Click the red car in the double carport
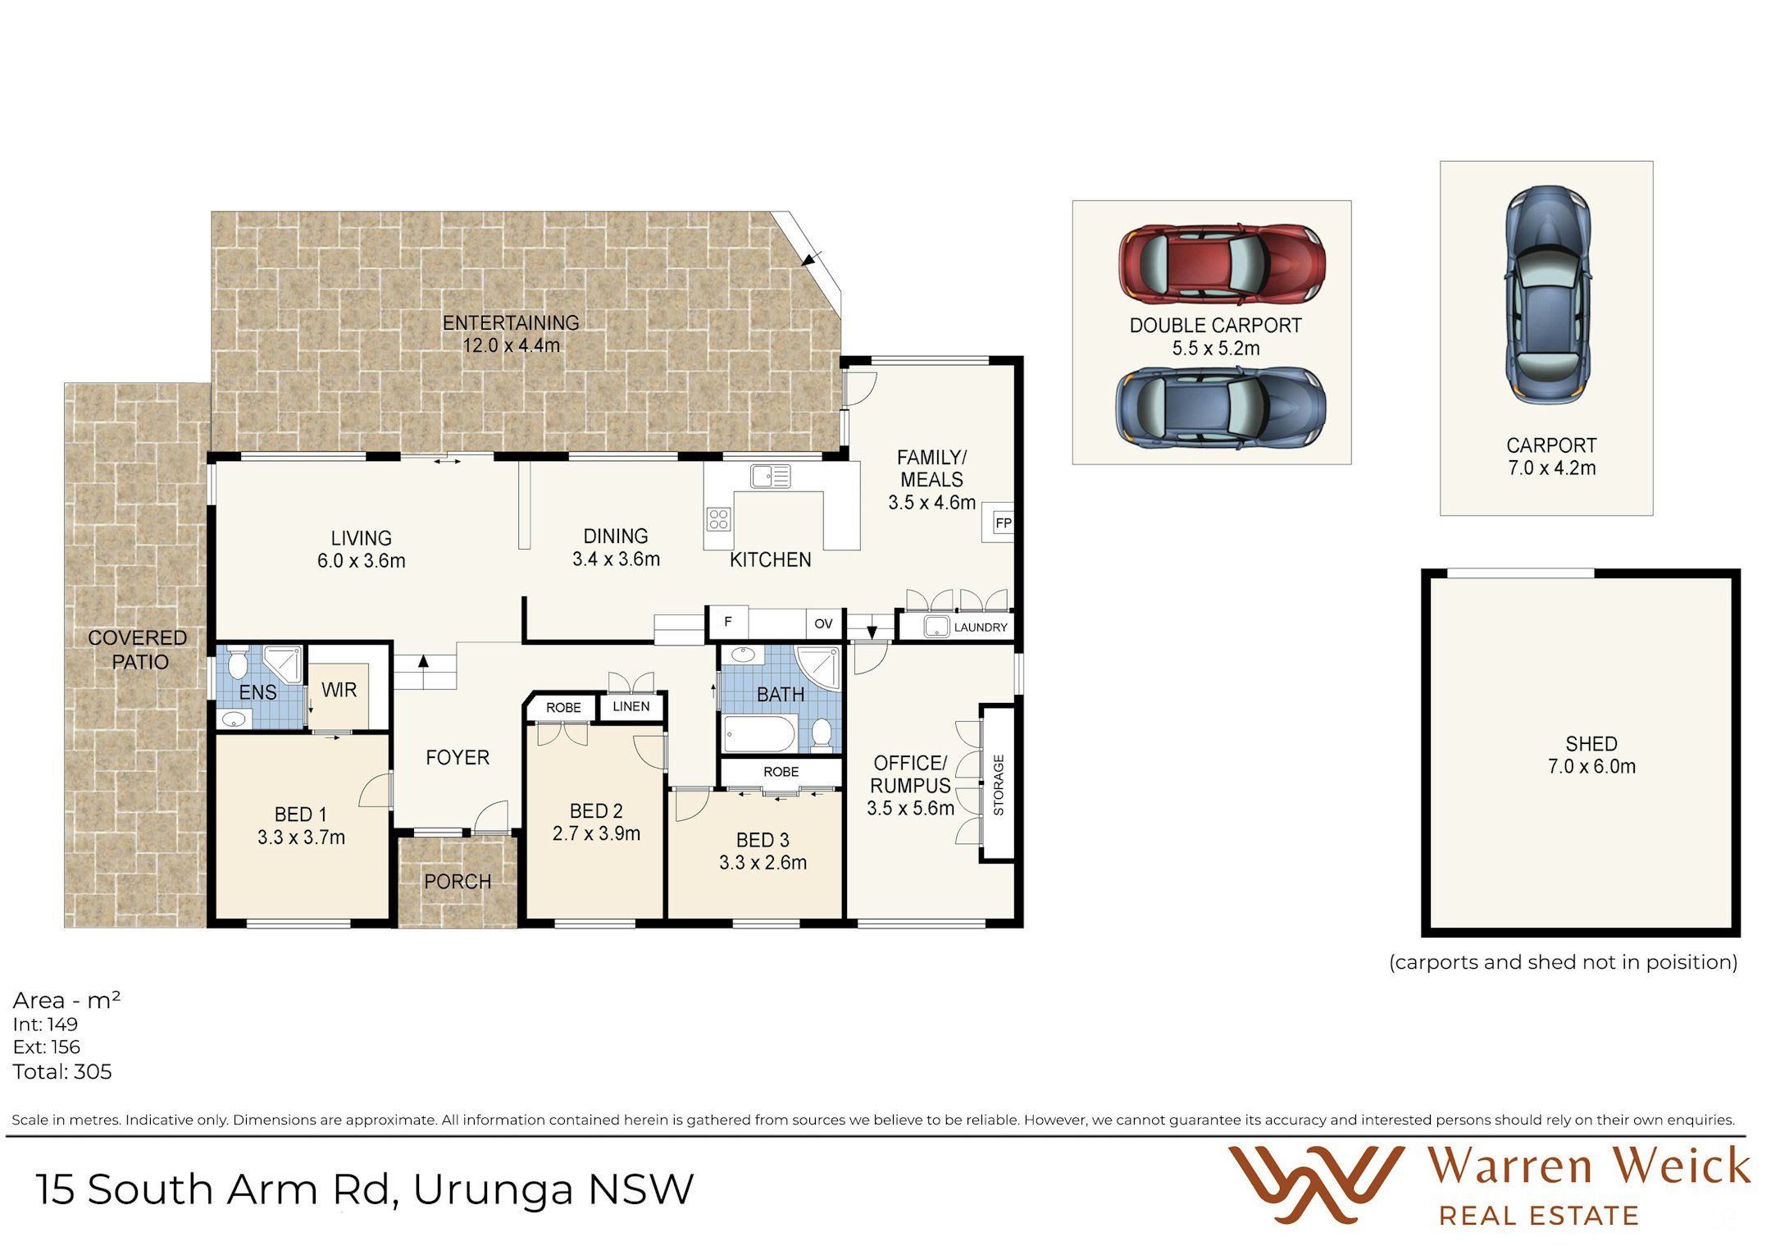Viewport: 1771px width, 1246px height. tap(1222, 264)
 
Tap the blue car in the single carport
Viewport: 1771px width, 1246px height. tap(1547, 294)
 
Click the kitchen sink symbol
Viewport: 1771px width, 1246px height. tap(770, 476)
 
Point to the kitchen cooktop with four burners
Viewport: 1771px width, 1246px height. tap(718, 519)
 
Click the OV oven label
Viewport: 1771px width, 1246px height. tap(823, 624)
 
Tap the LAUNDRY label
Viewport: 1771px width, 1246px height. tap(981, 628)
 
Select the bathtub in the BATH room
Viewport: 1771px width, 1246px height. tap(760, 734)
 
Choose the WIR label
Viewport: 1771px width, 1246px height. tap(339, 690)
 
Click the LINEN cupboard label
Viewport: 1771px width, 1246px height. tap(631, 706)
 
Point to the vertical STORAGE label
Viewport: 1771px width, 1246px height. tap(999, 785)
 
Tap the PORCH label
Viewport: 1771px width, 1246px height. tap(458, 882)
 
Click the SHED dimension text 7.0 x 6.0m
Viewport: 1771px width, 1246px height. tap(1591, 766)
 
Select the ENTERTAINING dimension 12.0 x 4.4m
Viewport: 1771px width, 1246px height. tap(512, 345)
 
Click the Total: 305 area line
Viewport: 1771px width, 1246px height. tap(62, 1071)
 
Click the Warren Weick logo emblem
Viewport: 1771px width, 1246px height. tap(1316, 1184)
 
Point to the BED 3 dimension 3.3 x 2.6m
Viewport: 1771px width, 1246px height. tap(763, 863)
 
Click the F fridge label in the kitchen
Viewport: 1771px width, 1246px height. tap(728, 622)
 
